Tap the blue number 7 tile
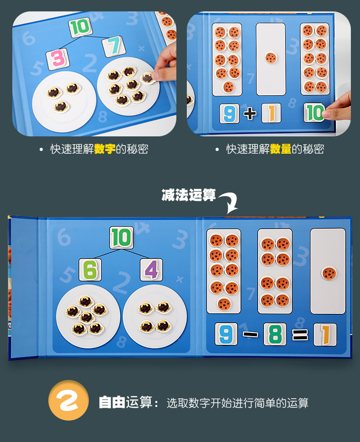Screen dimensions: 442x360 113,47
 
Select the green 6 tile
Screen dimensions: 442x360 90,270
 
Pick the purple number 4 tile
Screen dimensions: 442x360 151,270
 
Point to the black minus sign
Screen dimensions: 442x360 250,334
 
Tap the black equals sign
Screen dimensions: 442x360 300,335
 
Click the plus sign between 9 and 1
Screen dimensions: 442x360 250,113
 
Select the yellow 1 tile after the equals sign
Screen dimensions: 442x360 324,335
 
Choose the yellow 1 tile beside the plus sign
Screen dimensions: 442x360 271,113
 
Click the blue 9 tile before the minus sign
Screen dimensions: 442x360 225,334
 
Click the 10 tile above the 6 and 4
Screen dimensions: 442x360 121,238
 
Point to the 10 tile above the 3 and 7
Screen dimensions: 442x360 80,27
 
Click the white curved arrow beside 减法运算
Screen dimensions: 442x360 229,202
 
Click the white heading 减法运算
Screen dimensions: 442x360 189,195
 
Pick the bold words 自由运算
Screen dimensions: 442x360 125,402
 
